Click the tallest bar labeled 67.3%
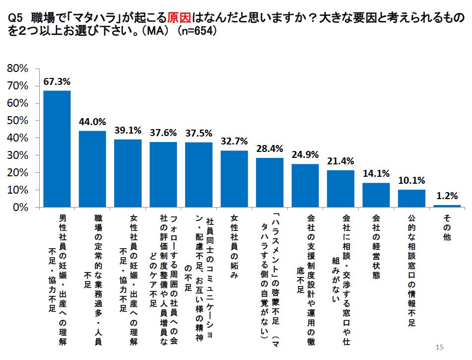pos(57,149)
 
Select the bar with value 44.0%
pos(92,169)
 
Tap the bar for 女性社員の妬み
pos(234,179)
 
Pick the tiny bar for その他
pos(447,206)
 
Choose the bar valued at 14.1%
pos(376,195)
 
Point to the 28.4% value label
pos(270,148)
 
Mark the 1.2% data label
pos(447,196)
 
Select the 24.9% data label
pos(305,154)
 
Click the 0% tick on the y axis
pos(20,208)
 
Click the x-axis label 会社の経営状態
pos(376,247)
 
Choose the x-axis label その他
pos(447,228)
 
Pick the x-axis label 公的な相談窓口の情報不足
pos(411,271)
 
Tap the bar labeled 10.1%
pos(411,199)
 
